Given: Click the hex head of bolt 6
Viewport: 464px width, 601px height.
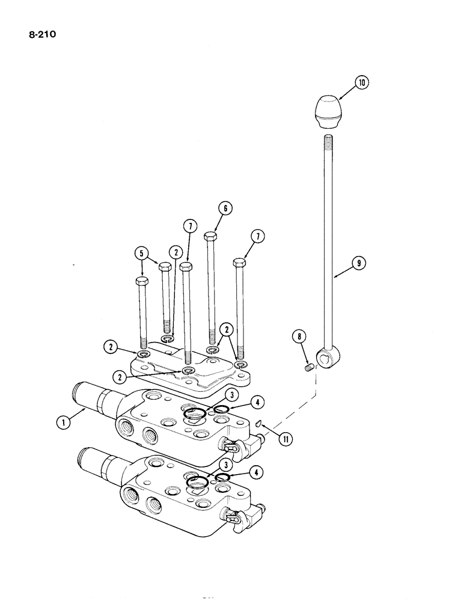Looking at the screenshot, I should tap(210, 237).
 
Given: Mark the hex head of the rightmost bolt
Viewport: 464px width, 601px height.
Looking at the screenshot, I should tap(238, 263).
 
